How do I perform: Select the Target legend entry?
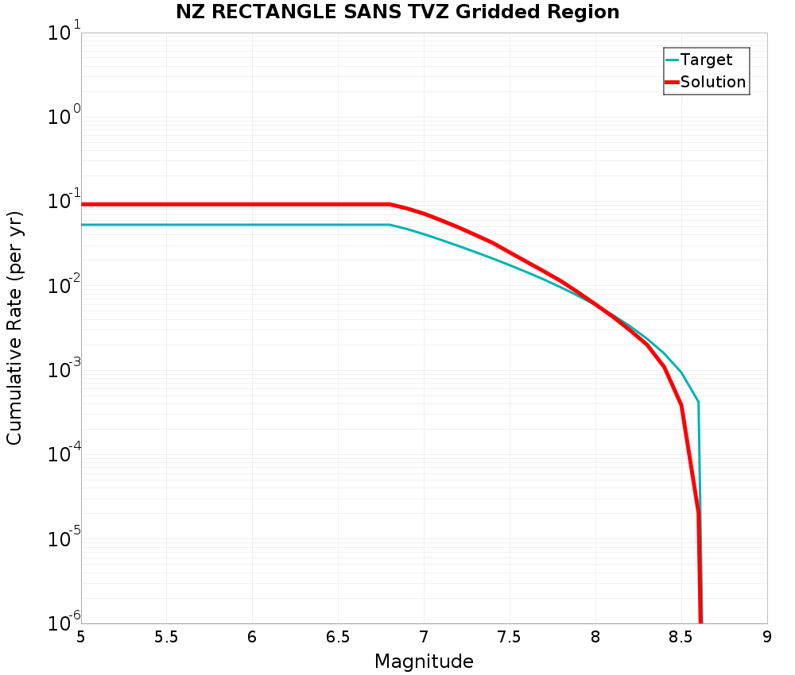coord(706,60)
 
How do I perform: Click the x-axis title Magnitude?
coord(424,661)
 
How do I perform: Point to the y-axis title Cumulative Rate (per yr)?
coord(14,327)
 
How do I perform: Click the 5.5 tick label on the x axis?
coord(166,637)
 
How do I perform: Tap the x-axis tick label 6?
coord(252,637)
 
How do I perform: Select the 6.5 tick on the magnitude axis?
coord(338,637)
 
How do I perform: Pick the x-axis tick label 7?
coord(424,637)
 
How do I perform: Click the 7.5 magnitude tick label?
coord(510,637)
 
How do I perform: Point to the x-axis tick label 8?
coord(595,637)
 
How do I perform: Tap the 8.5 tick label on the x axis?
coord(681,637)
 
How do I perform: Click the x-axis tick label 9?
coord(766,637)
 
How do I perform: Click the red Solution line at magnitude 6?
coord(252,204)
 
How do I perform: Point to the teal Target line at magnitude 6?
coord(252,225)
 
